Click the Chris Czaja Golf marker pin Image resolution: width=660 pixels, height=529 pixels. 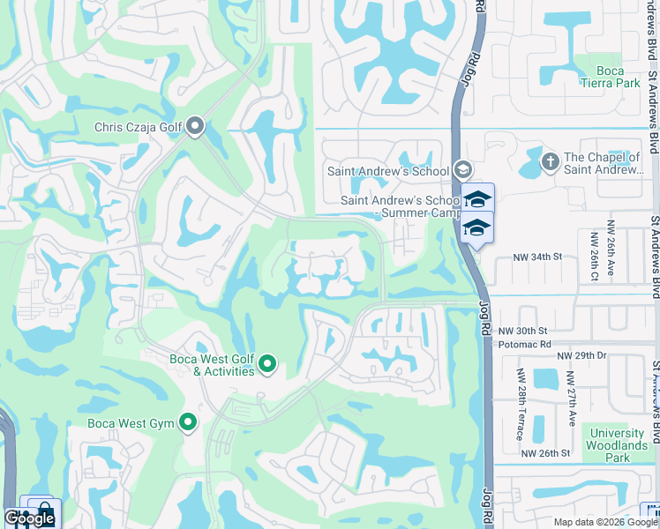[x=195, y=127]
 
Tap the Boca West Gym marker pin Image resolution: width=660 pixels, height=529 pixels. [x=187, y=423]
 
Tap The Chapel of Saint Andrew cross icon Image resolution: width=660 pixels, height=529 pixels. [x=549, y=161]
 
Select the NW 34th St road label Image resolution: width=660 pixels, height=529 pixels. [x=538, y=257]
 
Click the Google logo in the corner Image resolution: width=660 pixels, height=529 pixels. [x=29, y=518]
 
